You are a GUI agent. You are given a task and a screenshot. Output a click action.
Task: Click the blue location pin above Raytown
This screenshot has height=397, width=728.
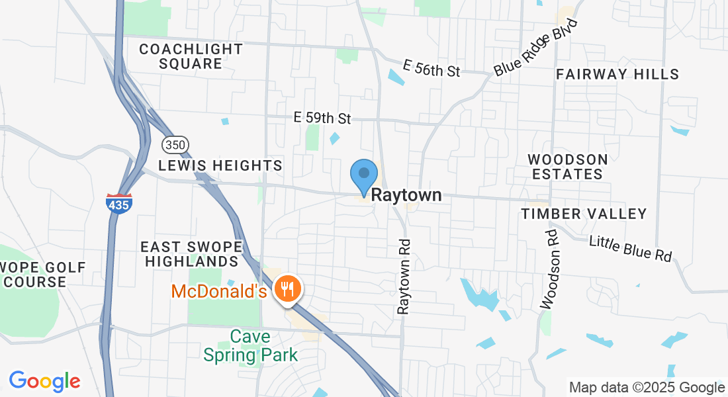pos(363,176)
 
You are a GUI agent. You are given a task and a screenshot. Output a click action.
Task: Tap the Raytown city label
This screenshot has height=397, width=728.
pos(406,196)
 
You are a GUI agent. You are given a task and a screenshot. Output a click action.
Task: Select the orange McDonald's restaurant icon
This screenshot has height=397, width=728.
pos(287,290)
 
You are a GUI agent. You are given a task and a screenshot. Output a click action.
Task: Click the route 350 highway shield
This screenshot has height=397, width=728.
pos(176,144)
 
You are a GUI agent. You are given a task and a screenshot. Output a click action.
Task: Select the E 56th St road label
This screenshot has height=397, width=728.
pos(432,68)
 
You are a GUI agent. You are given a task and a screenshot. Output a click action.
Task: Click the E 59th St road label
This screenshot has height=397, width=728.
pos(322,118)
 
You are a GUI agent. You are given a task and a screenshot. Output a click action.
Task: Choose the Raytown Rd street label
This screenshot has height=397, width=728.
pos(404,277)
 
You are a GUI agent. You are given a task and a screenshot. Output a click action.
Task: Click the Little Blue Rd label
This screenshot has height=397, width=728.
pos(630,247)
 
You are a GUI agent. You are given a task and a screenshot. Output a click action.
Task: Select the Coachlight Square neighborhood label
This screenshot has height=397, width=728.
pos(191,56)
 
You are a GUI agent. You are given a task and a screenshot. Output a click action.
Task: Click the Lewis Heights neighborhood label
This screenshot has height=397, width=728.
pos(221,165)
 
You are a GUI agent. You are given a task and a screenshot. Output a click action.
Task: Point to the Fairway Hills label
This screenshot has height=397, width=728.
pos(617,74)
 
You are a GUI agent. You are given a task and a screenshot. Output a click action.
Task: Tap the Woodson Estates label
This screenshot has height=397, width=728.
pos(567,167)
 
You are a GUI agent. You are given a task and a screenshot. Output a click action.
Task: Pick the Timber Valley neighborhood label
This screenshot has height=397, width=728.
pos(584,214)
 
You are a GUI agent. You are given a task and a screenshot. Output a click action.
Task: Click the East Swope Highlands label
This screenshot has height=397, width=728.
pos(192,253)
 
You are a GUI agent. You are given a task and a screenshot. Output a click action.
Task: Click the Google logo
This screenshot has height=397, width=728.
pos(44,382)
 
